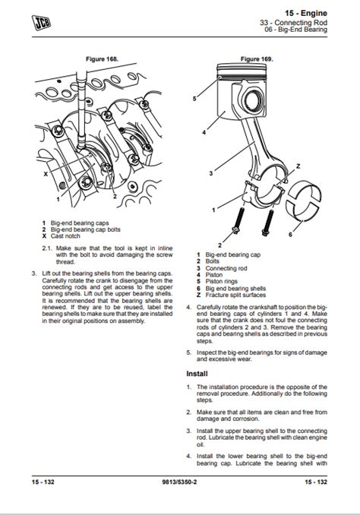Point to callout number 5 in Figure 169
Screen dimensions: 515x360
tap(195, 99)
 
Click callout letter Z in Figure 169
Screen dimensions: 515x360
tap(298, 166)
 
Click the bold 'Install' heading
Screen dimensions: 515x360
tap(197, 374)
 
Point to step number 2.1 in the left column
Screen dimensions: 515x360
tap(46, 248)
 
